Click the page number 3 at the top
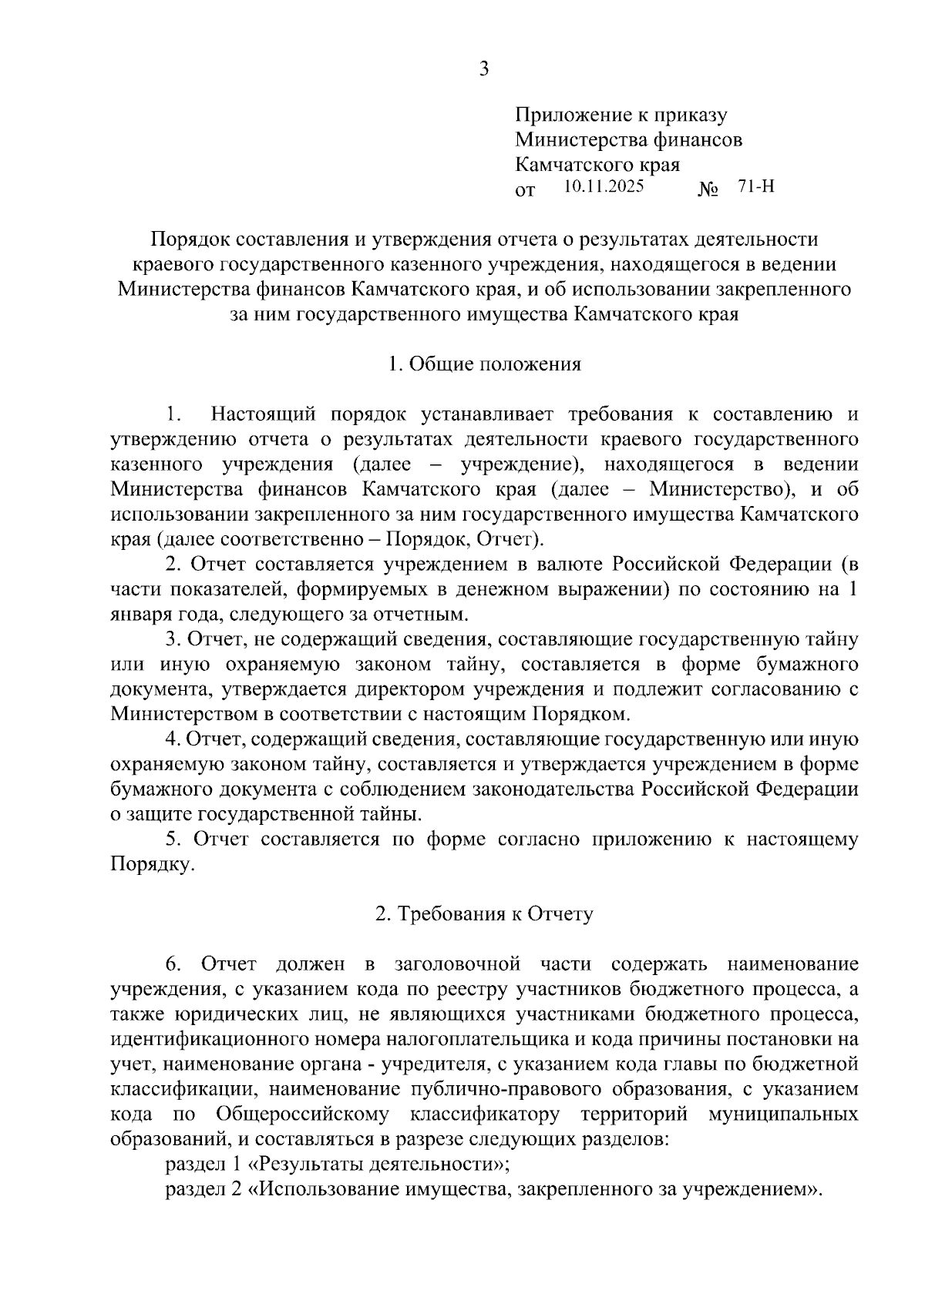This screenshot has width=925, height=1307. pos(483,70)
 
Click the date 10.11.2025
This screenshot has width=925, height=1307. pos(604,186)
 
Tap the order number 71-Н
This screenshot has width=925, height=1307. pos(756,186)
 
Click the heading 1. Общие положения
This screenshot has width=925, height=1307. pos(484,364)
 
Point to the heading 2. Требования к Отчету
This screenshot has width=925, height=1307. pos(484,914)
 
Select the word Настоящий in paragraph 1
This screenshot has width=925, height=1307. pos(264,415)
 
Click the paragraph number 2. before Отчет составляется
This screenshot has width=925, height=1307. pos(173,564)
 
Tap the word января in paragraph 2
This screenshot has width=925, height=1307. pos(136,614)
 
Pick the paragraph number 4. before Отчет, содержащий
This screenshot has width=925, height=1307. pos(173,739)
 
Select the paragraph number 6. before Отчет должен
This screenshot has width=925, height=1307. pos(173,964)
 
